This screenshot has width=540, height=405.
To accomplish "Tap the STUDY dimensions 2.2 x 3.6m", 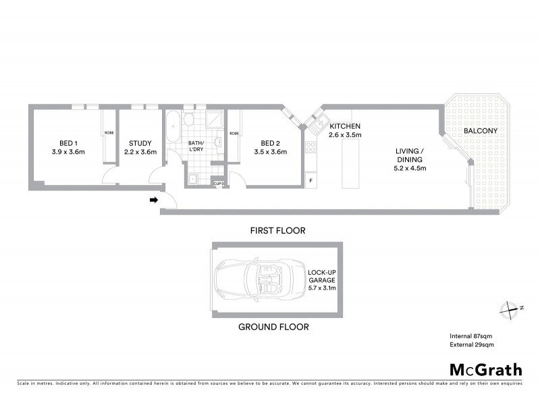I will coord(141,152).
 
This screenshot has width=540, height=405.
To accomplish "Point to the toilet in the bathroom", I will coord(189,122).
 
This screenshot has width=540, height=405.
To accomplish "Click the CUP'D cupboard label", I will coord(219,183).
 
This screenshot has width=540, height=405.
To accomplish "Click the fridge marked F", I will coord(311,182).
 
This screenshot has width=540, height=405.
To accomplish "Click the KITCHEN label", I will coord(345,126).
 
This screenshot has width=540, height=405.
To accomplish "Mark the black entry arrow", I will coord(153,200).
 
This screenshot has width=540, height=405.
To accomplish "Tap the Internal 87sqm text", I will coord(471,335).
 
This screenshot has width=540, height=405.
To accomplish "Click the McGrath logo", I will coord(485,369).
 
